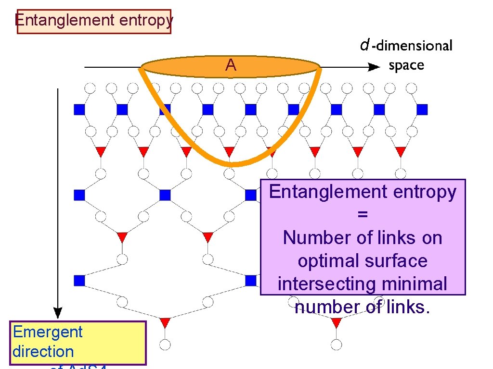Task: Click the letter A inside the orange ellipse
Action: pyautogui.click(x=231, y=65)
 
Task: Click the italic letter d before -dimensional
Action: pyautogui.click(x=364, y=46)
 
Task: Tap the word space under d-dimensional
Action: pyautogui.click(x=406, y=65)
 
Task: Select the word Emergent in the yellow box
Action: pyautogui.click(x=48, y=332)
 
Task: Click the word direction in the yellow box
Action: pyautogui.click(x=43, y=351)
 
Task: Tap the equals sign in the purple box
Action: pyautogui.click(x=363, y=214)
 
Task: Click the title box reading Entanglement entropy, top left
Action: pyautogui.click(x=94, y=22)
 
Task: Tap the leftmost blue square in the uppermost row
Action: pyautogui.click(x=79, y=110)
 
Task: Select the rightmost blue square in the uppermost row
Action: pyautogui.click(x=422, y=110)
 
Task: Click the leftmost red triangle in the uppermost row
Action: pyautogui.click(x=101, y=152)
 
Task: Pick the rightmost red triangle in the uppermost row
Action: pyautogui.click(x=401, y=152)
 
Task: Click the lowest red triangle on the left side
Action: pyautogui.click(x=165, y=321)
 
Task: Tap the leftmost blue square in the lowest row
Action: pyautogui.click(x=79, y=280)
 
